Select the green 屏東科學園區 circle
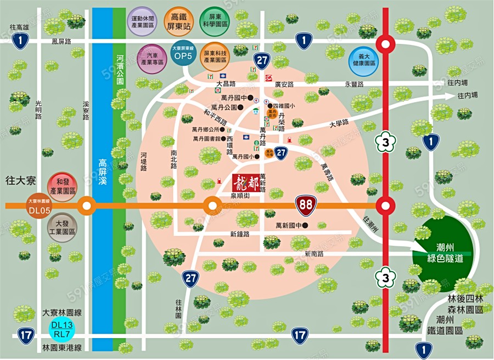pos(215,21)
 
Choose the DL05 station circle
pos(40,206)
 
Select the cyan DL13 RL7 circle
pos(62,329)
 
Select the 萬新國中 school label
pos(288,225)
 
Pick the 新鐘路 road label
pos(240,234)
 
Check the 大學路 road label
pos(339,125)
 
